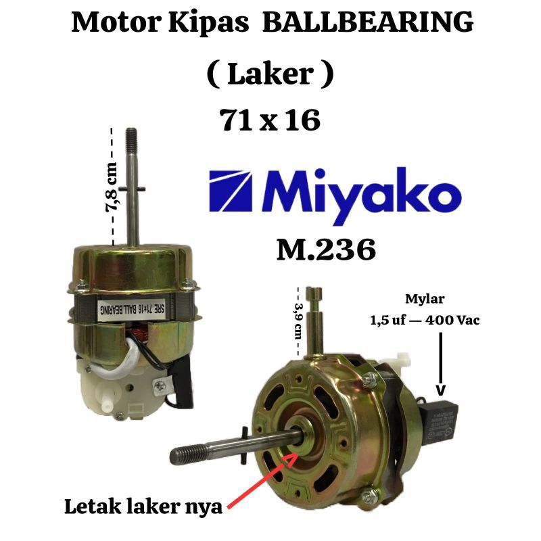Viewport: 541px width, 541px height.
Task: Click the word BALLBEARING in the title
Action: tap(367, 22)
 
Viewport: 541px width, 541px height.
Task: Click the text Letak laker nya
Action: tap(143, 507)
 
